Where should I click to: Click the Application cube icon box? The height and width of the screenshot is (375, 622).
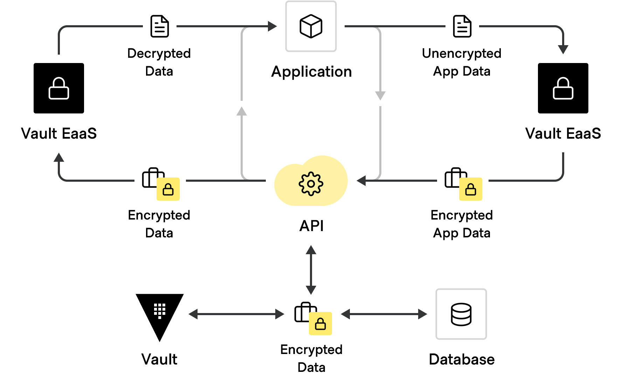pos(311,26)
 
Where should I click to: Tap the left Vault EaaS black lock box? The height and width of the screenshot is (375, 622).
pos(59,88)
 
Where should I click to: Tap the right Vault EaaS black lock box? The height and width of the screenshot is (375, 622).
pos(563,88)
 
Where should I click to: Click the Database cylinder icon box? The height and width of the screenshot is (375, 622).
pos(461,314)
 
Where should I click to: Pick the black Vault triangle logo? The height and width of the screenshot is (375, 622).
pos(160,313)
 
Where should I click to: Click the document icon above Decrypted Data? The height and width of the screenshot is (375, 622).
pos(160,26)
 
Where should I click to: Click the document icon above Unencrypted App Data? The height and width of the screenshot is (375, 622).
pos(462,26)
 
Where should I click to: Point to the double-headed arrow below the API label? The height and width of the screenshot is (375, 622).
pos(311,270)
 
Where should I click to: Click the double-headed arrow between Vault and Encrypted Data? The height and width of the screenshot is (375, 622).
pos(236,314)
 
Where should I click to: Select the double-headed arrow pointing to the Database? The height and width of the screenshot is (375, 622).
pos(384,314)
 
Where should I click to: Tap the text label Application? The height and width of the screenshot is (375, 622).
pos(311,72)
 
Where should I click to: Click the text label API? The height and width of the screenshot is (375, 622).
pos(311,226)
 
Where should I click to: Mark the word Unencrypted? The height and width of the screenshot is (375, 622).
pos(462,53)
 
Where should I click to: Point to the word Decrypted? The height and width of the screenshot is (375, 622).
pos(159,53)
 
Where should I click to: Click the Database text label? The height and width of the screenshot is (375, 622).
pos(462,360)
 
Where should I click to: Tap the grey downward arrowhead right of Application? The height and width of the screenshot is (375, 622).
pos(380,95)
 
